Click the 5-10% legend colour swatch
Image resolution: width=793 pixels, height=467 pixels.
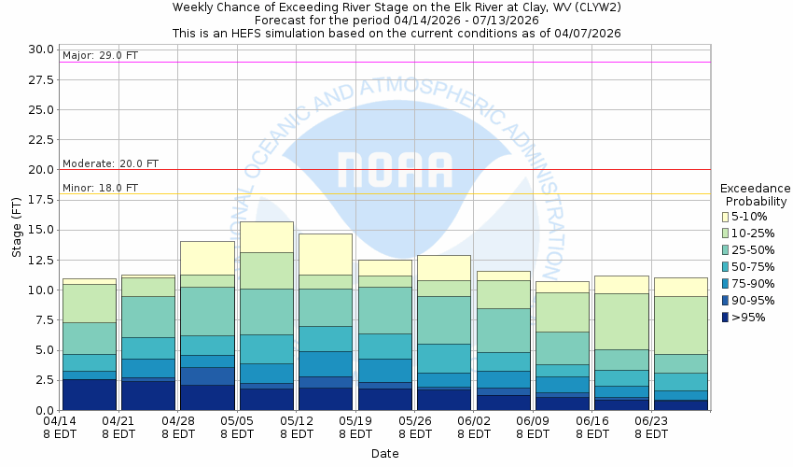coord(726,217)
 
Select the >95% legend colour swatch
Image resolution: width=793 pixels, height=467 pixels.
coord(726,318)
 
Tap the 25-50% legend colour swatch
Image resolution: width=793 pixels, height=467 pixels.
coord(726,250)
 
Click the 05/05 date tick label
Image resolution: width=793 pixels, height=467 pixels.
coord(236,428)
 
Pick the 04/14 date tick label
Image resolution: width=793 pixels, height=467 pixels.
coord(60,428)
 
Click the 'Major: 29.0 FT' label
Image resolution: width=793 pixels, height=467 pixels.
coord(100,56)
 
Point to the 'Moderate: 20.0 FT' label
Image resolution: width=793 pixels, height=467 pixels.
coord(110,163)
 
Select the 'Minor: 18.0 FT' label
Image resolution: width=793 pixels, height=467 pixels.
coord(100,188)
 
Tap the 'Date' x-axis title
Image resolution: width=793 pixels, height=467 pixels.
coord(384,454)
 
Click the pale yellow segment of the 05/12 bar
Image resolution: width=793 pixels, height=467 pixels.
coord(326,254)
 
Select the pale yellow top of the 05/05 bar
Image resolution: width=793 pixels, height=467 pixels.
coord(267,236)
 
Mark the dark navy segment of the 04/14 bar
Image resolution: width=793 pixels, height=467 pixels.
coord(90,394)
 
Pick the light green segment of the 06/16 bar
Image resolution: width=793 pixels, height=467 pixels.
coord(620,321)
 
